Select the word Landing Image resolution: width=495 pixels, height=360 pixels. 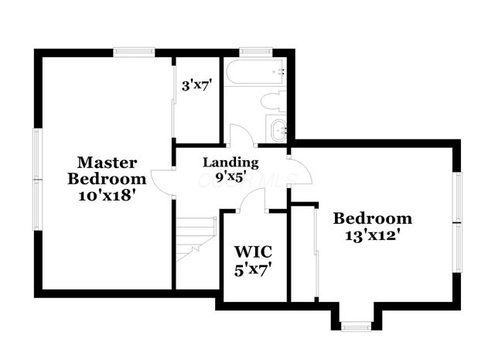tap(230, 163)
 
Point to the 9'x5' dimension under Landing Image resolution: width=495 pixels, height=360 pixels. tap(230, 177)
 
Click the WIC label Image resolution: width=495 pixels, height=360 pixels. tap(253, 252)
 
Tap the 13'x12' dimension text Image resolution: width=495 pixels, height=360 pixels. tap(373, 235)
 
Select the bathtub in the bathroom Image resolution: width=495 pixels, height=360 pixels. tap(254, 74)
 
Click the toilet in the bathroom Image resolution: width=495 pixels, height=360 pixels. tap(273, 101)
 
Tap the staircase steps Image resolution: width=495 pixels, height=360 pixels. tap(195, 236)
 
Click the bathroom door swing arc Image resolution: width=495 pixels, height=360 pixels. tap(241, 134)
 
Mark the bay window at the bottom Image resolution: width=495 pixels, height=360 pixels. tap(357, 326)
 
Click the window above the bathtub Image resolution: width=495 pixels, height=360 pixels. tap(253, 52)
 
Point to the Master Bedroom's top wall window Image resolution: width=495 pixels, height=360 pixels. tap(135, 52)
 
